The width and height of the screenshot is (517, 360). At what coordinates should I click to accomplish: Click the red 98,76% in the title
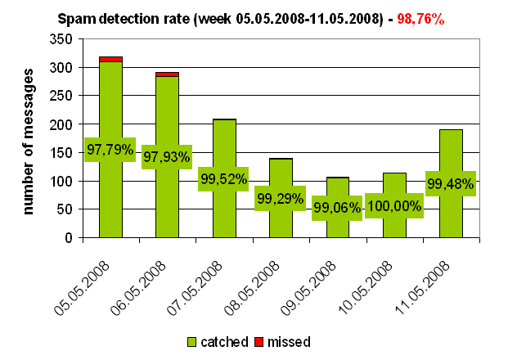click(420, 17)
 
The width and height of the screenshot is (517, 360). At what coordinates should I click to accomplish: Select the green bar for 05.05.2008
click(110, 196)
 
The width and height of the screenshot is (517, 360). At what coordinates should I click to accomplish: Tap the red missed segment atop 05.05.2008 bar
click(110, 59)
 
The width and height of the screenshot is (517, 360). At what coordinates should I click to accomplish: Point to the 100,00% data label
click(393, 205)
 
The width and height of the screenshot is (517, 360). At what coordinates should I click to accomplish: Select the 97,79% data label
click(110, 149)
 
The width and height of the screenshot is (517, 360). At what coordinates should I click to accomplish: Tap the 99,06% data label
click(336, 208)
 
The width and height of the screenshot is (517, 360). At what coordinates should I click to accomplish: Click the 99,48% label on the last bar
click(450, 184)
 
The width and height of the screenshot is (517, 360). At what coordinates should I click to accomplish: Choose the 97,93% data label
click(166, 156)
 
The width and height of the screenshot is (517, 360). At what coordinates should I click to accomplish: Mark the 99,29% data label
click(280, 198)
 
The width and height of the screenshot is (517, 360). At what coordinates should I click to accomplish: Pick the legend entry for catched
click(217, 341)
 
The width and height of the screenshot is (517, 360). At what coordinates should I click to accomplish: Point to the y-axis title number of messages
click(29, 141)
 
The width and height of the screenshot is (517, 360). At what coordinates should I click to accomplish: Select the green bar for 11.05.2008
click(451, 221)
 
